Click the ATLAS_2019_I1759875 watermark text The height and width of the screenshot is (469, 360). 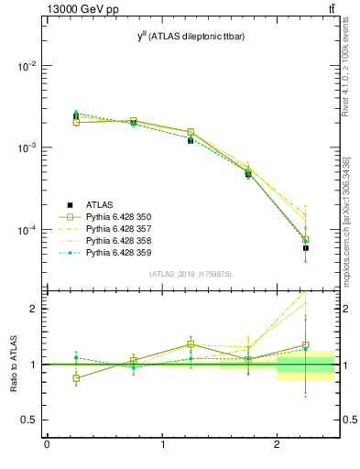tap(190, 274)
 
